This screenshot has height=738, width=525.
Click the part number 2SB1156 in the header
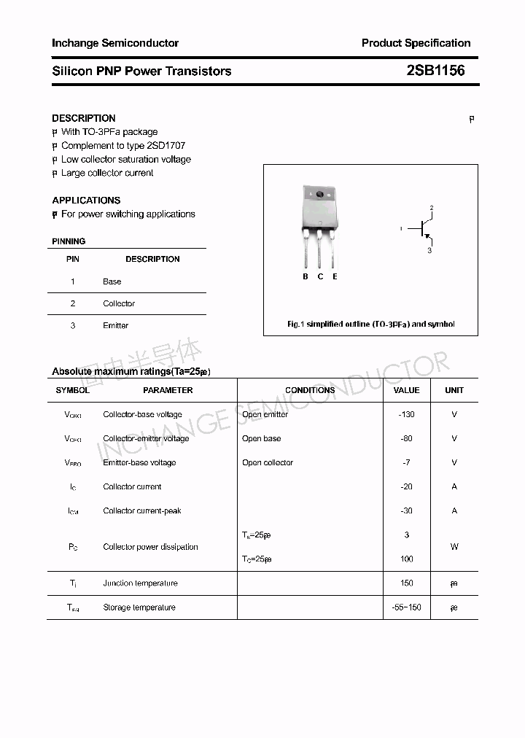coord(435,71)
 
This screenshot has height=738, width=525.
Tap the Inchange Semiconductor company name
coord(115,43)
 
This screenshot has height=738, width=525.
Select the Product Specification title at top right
coord(416,43)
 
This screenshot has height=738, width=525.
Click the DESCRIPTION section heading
coord(84,118)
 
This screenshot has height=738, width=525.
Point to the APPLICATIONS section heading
coord(86,200)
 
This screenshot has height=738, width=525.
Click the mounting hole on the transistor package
coord(319,195)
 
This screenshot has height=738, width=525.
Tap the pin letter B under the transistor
coord(306,276)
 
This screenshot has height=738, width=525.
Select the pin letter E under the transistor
coord(335,276)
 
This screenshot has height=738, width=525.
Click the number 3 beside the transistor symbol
coord(429,251)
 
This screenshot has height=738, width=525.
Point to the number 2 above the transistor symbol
coord(432,209)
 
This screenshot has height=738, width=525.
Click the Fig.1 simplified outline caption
coord(370,324)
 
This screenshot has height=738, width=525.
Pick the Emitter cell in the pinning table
coord(115,325)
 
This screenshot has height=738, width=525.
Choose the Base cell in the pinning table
coord(112,281)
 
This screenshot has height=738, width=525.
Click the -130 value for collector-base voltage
coord(406,414)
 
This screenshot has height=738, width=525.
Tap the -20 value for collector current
coord(406,486)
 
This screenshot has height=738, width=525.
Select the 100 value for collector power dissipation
coord(406,559)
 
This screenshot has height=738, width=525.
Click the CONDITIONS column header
coord(310,390)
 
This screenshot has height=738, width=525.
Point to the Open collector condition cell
coord(268,462)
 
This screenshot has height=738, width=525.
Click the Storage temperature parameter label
coord(139,607)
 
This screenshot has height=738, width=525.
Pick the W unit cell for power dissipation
coord(454,546)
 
